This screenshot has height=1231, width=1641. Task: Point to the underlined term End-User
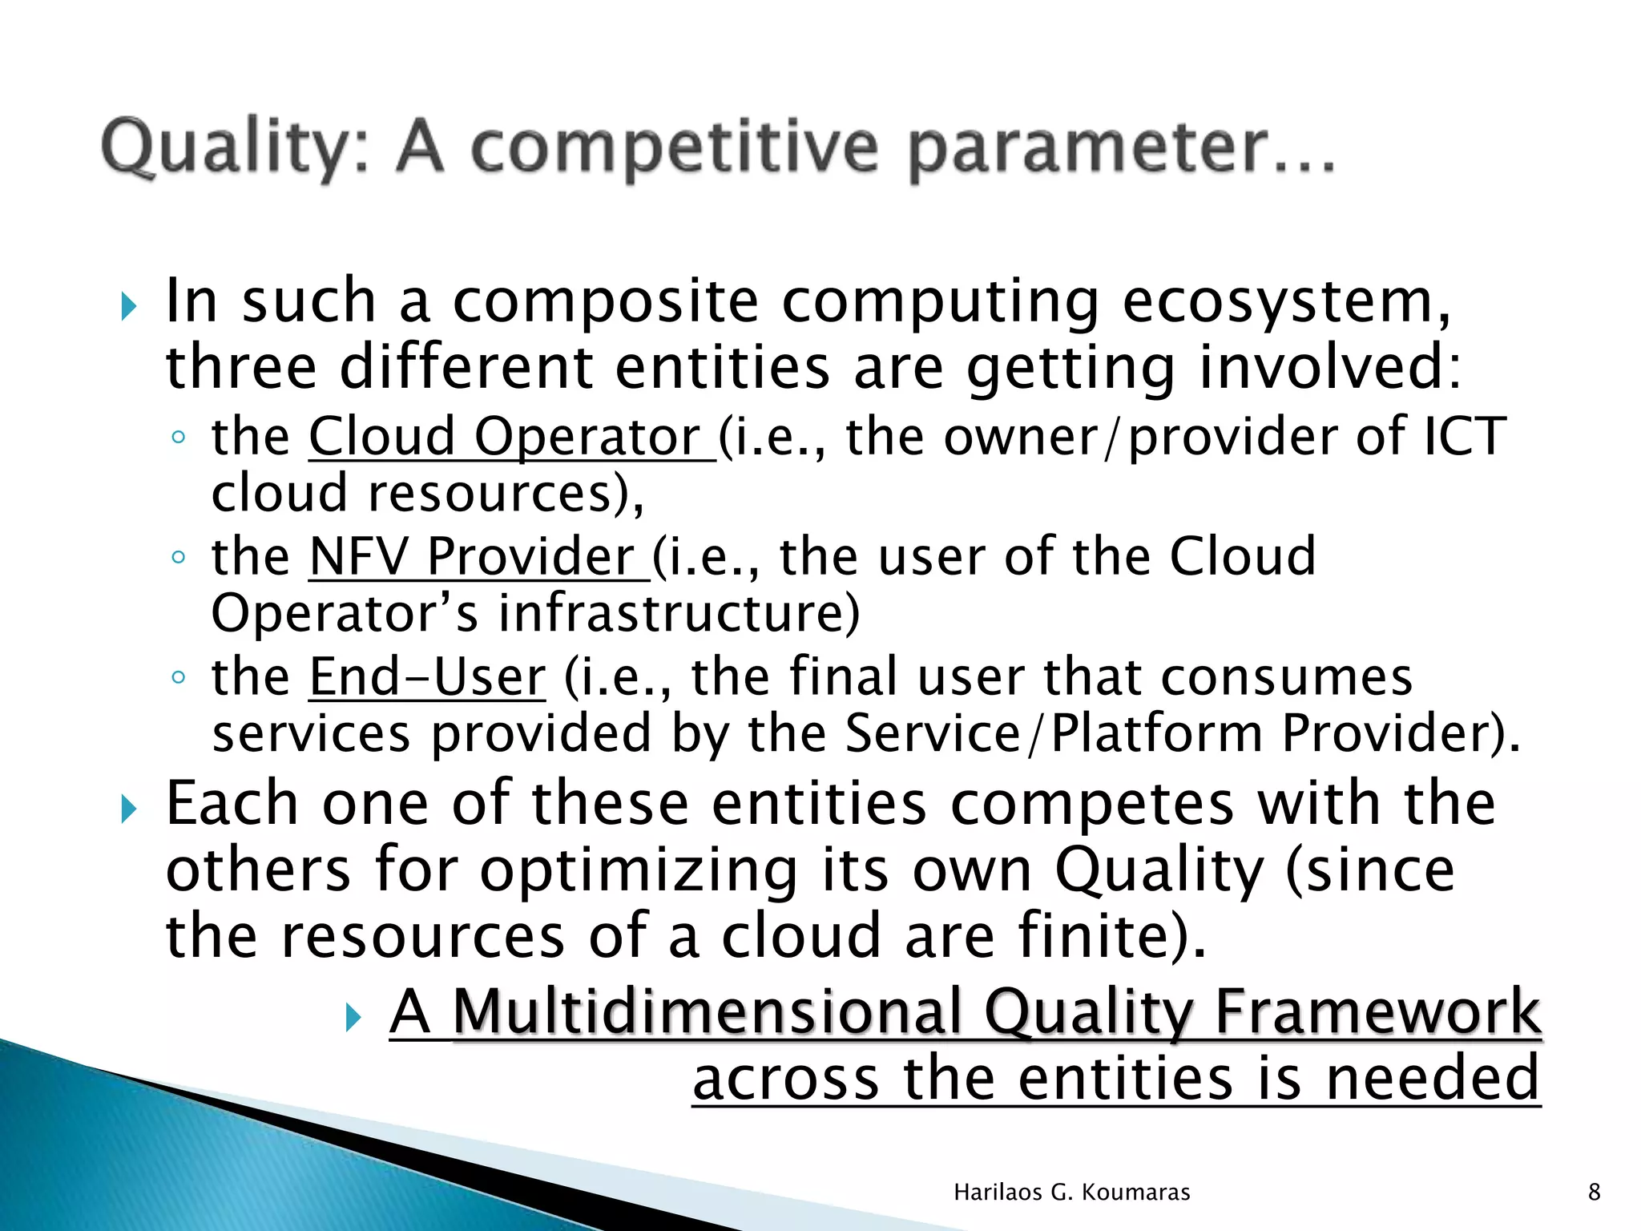click(x=427, y=676)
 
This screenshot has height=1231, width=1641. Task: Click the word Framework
click(x=1377, y=1011)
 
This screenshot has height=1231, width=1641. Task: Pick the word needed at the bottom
click(x=1433, y=1079)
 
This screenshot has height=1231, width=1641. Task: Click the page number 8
click(x=1594, y=1193)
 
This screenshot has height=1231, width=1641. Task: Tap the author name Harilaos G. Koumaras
click(x=1071, y=1193)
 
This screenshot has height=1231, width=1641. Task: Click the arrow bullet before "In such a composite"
click(x=128, y=306)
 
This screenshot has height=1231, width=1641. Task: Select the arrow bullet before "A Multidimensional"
click(x=353, y=1018)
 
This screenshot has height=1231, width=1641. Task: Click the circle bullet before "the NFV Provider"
click(x=178, y=557)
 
